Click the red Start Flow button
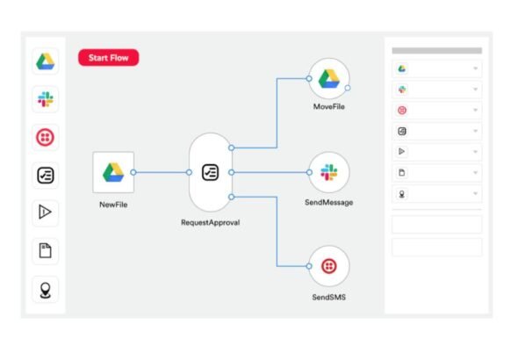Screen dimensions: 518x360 click(108, 57)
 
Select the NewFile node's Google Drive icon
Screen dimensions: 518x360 click(113, 172)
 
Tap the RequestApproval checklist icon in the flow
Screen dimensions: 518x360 click(210, 172)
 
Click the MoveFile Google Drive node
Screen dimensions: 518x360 click(328, 79)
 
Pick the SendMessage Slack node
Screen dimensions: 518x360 click(328, 172)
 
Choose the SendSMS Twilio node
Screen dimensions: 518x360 click(328, 266)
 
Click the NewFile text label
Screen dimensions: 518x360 click(113, 205)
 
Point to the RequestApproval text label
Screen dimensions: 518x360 click(211, 222)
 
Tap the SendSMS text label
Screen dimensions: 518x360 click(328, 297)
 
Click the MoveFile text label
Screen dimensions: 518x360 click(328, 106)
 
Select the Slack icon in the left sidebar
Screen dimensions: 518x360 click(46, 99)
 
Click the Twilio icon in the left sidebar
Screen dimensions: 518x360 click(46, 137)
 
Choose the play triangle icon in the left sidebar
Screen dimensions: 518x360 click(45, 212)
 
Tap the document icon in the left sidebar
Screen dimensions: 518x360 click(46, 250)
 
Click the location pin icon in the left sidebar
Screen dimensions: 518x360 click(46, 291)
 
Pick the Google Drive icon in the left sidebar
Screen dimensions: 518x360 click(46, 61)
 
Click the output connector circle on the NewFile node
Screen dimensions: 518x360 click(133, 172)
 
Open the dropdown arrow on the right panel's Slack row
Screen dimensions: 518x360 click(475, 90)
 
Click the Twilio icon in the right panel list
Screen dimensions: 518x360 click(402, 111)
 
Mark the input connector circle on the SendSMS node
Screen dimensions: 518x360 click(309, 266)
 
